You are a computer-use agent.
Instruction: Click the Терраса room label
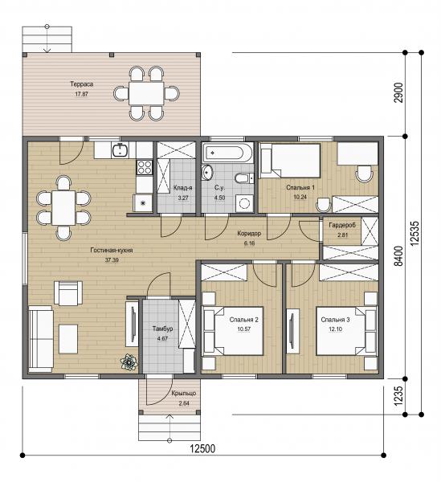81,84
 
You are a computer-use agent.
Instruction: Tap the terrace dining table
146,93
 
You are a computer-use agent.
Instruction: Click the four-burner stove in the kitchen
144,167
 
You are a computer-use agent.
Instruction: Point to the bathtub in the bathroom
227,152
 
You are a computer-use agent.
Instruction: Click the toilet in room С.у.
244,178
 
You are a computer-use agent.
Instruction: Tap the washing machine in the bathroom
245,203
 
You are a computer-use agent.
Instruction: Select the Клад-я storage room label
183,188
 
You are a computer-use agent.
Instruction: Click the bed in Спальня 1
290,161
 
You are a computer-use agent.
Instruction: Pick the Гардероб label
342,225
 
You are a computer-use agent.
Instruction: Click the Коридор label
249,234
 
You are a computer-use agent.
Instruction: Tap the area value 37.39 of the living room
112,260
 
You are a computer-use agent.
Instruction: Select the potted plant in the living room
129,362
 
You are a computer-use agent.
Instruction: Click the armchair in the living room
68,293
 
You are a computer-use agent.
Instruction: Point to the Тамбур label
162,329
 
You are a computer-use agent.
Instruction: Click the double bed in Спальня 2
233,331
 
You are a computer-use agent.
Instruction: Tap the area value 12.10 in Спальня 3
335,329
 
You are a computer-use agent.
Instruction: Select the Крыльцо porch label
184,393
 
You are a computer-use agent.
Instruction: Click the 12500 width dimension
202,449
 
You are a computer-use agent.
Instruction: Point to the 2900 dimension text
398,93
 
